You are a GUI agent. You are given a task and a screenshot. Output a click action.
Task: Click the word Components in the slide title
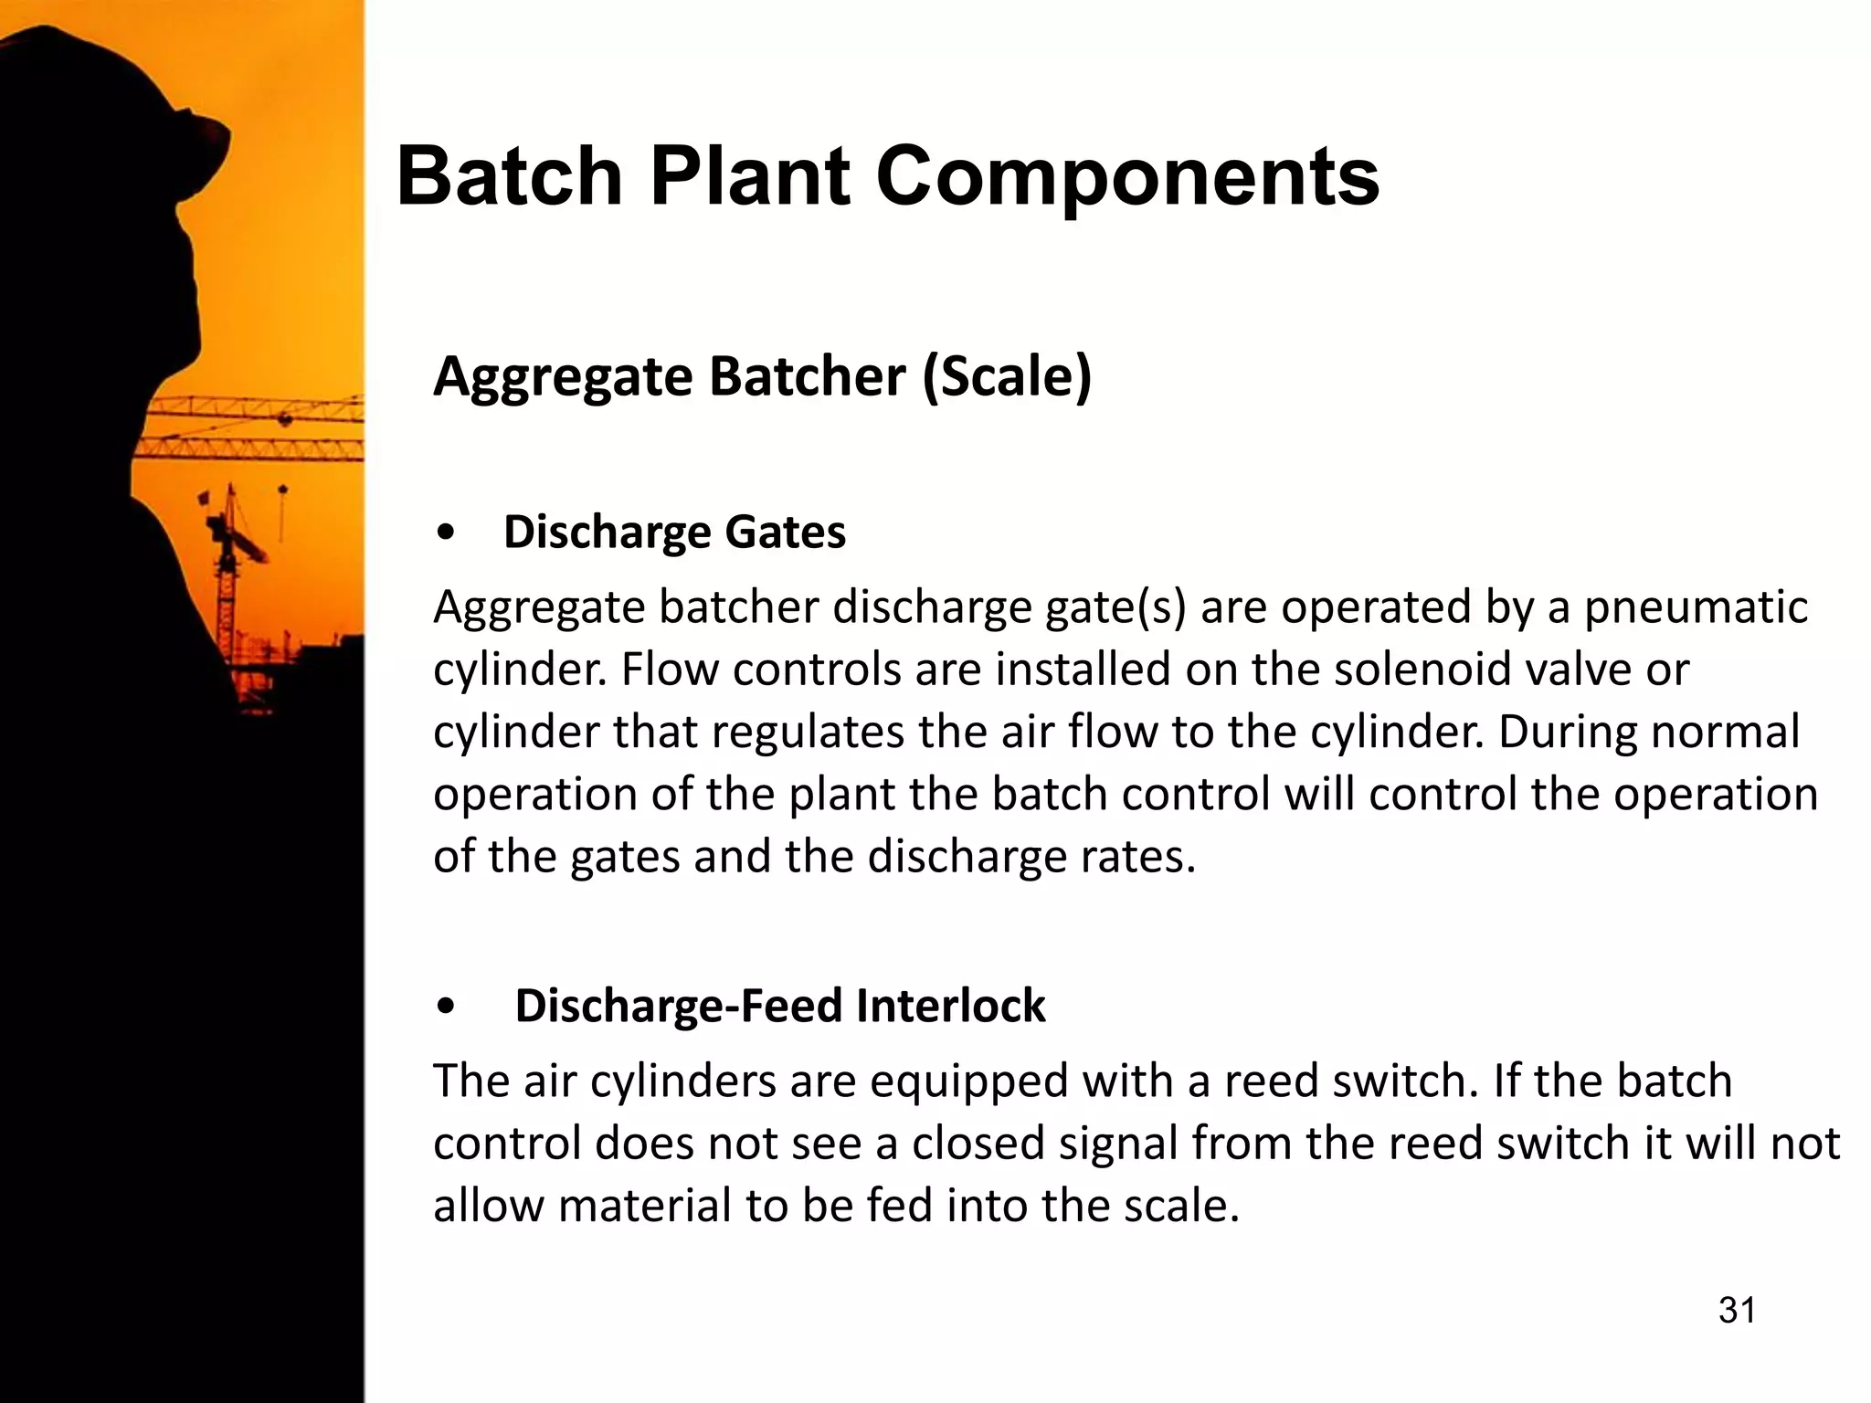1127,177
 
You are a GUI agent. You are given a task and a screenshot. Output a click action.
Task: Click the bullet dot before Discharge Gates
446,534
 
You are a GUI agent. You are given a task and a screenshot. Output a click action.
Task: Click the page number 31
1737,1310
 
